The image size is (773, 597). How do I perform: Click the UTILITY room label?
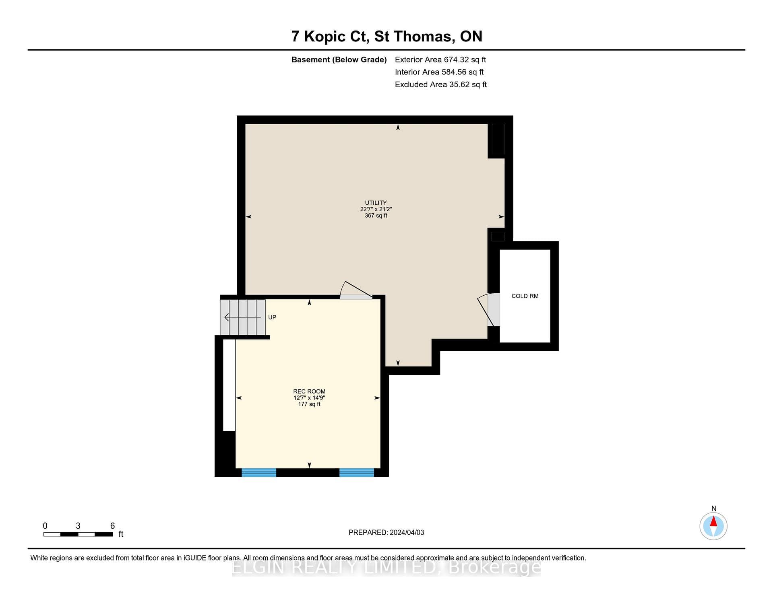376,203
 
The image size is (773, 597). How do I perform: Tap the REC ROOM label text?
309,391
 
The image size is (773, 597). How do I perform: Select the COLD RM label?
525,296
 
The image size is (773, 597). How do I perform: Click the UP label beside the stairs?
272,317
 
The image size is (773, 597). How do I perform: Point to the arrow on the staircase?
242,317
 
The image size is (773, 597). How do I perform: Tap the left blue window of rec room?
259,472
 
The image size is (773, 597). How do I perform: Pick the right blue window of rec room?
357,472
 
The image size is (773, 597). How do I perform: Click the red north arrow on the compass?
713,521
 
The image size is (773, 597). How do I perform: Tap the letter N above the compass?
714,508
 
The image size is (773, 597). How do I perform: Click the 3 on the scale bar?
78,526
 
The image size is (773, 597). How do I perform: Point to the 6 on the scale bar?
113,526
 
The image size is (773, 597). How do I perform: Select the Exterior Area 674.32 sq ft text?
440,60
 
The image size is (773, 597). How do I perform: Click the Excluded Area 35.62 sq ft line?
441,84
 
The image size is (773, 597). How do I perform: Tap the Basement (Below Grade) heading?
339,60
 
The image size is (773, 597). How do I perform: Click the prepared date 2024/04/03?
407,533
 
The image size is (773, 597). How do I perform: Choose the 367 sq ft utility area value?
376,216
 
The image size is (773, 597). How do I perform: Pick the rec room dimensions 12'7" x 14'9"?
309,398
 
